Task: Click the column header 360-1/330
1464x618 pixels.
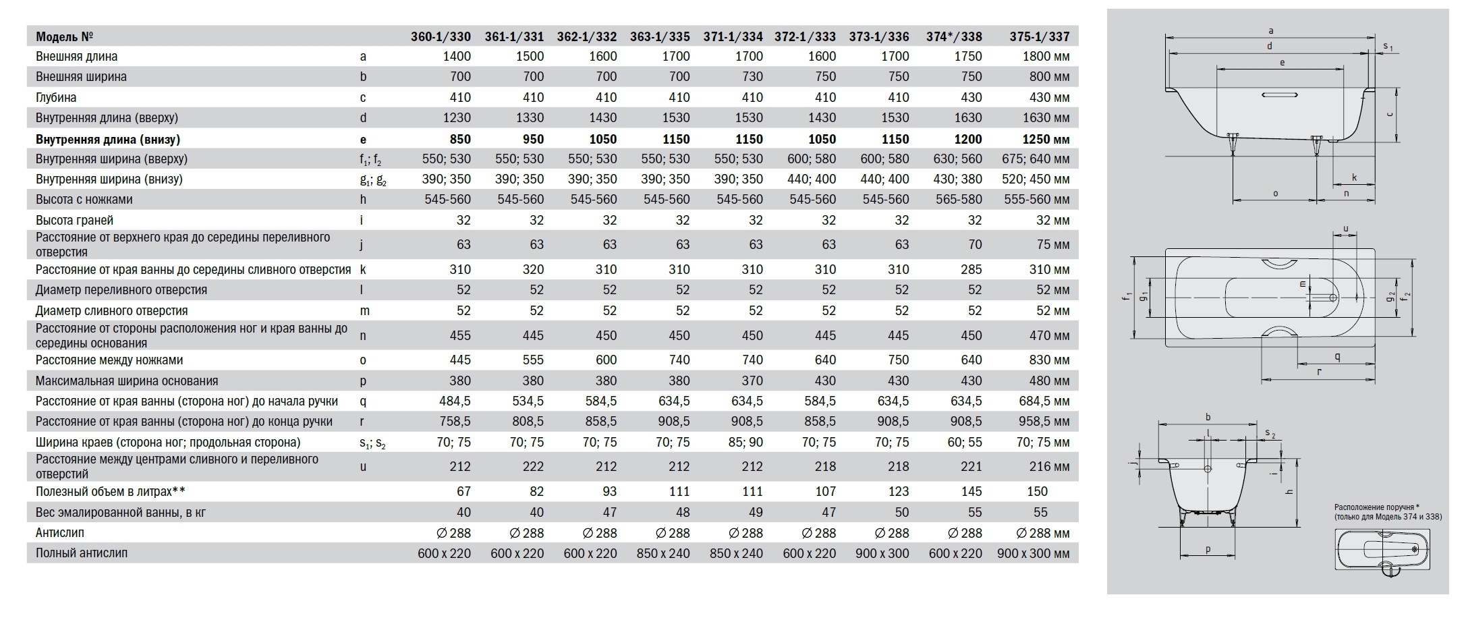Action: tap(441, 36)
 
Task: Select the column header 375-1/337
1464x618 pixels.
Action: tap(1039, 36)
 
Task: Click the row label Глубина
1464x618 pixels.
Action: tap(56, 97)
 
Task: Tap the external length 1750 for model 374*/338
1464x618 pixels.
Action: tap(967, 57)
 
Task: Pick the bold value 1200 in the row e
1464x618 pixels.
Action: tap(967, 139)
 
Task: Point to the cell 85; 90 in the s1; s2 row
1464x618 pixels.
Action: tap(747, 442)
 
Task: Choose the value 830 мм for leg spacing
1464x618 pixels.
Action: tap(1044, 360)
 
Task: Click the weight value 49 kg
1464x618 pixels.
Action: tap(756, 512)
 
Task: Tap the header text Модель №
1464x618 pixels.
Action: tap(64, 36)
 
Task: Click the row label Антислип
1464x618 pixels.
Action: tap(60, 532)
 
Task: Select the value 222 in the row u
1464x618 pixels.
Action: tap(533, 466)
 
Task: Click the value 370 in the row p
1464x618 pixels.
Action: tap(752, 381)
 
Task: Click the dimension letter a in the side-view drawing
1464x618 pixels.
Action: tap(1271, 30)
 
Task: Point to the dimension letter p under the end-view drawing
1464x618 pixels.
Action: tap(1208, 549)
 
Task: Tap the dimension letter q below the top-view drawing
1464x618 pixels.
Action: tap(1337, 357)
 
